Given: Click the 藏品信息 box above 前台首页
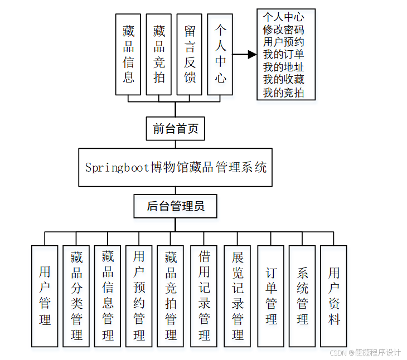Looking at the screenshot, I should pos(128,55).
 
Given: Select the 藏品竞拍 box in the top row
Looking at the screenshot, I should pos(159,55).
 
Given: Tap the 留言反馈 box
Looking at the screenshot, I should pos(190,55).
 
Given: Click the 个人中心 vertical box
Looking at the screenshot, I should pos(220,55).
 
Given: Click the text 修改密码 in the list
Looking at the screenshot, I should pos(284,29).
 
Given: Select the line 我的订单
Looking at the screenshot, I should pos(284,55).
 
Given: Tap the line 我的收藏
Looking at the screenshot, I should pos(284,80).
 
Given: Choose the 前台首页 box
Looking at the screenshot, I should pos(176,129).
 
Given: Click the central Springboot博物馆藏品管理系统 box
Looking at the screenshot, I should pos(176,167).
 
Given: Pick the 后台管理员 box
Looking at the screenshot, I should pos(176,206).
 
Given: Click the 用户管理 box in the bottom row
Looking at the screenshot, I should pos(45,296).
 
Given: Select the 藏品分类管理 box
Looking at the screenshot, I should pos(76,296).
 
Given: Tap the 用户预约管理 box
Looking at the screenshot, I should pos(139,296).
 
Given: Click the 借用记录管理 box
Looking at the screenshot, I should pos(204,296).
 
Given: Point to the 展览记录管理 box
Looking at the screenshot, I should pos(238,296).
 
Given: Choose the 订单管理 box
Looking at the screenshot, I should pos(271,296).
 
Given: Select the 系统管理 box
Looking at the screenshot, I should pos(302,296).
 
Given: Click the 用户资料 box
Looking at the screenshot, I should pos(333,296).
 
